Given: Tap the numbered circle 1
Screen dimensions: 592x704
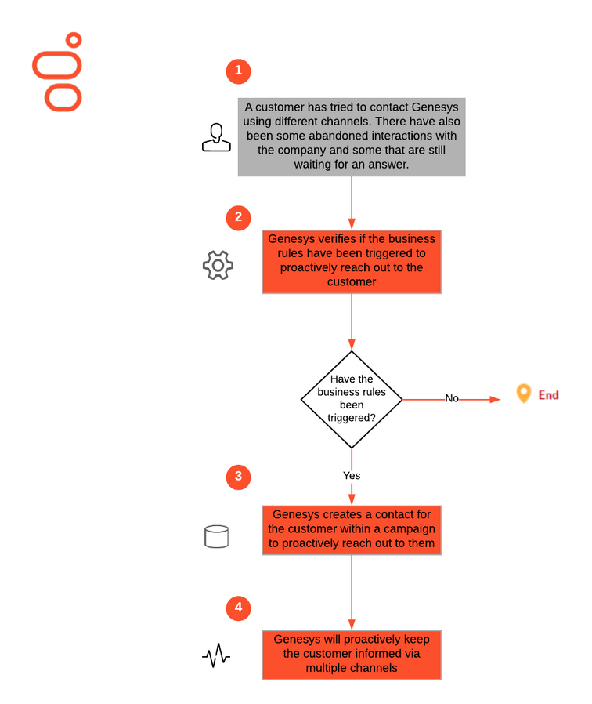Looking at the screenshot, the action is [x=238, y=71].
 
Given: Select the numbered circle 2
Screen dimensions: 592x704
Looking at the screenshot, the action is [x=238, y=218].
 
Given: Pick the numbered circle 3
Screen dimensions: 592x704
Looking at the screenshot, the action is [x=238, y=477].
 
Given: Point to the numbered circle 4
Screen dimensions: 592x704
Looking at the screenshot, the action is [x=238, y=608].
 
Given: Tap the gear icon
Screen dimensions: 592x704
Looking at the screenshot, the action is [x=218, y=265].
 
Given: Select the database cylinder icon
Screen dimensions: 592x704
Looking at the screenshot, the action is [x=217, y=536].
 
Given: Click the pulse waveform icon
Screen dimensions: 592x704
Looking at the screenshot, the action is [x=216, y=656].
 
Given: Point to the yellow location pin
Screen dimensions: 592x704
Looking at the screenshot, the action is [x=523, y=394].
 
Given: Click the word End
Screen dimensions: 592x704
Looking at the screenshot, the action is [x=548, y=395].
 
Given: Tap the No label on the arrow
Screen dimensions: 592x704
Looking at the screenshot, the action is [x=452, y=398].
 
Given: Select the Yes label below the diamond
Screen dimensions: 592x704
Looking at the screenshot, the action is [x=352, y=475].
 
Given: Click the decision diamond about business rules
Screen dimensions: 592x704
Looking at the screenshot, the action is [x=352, y=399].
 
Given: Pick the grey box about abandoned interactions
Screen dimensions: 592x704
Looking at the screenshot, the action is [x=352, y=137].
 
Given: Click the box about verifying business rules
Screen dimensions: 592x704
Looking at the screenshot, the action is [x=352, y=262].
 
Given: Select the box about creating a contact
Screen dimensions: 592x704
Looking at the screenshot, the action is [x=352, y=530].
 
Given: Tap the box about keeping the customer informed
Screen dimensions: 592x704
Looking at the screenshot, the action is [x=352, y=655].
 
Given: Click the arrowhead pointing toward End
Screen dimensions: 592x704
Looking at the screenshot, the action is [x=495, y=399].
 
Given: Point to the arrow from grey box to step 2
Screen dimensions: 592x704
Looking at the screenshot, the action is [x=352, y=203].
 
